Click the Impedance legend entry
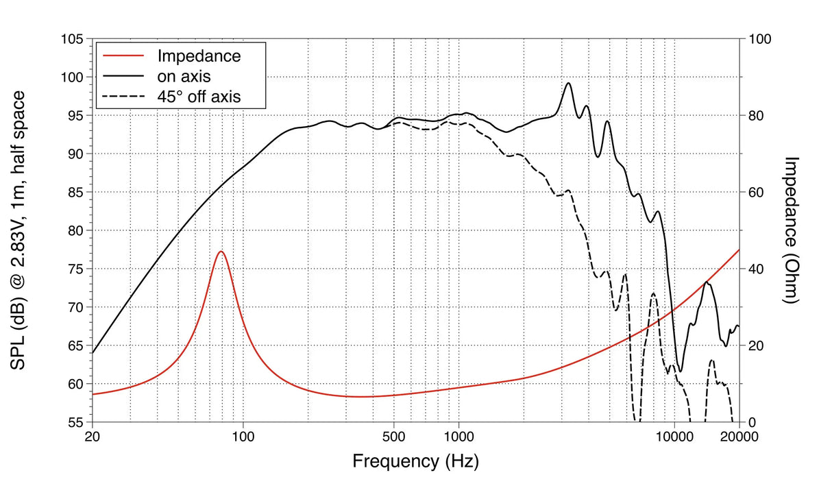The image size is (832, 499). (199, 56)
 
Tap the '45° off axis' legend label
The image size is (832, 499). (199, 97)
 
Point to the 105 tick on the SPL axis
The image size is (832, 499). (71, 39)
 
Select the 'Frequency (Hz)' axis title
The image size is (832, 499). (415, 461)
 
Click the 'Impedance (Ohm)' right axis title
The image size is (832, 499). (793, 230)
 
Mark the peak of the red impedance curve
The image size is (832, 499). (221, 252)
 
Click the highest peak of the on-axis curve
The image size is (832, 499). (568, 83)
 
